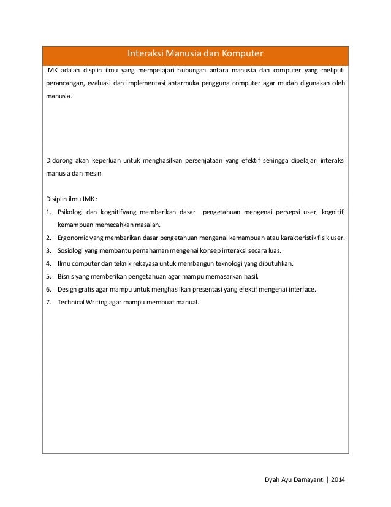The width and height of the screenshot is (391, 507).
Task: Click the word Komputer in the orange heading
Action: click(x=241, y=54)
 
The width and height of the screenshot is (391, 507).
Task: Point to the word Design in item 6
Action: click(x=67, y=289)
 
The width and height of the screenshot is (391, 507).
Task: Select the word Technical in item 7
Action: click(x=72, y=302)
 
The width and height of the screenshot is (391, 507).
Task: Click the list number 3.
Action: click(x=48, y=250)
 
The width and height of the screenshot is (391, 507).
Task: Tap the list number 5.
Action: click(x=48, y=276)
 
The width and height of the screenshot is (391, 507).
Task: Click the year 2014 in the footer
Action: click(x=338, y=479)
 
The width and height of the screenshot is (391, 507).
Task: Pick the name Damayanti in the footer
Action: click(x=305, y=479)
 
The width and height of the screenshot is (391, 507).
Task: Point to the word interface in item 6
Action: click(x=301, y=289)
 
